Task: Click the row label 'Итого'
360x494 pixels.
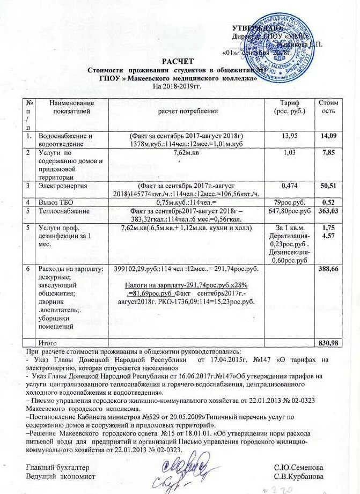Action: pyautogui.click(x=47, y=343)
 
